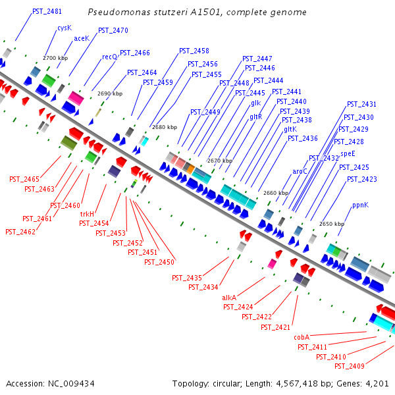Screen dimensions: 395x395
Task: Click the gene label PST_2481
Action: pyautogui.click(x=47, y=12)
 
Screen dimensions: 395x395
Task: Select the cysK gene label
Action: pyautogui.click(x=64, y=28)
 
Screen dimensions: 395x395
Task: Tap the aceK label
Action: pyautogui.click(x=81, y=38)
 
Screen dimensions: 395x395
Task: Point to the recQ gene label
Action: pyautogui.click(x=109, y=57)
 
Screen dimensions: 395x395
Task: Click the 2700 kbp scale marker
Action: pyautogui.click(x=55, y=58)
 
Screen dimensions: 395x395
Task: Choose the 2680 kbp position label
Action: pyautogui.click(x=164, y=127)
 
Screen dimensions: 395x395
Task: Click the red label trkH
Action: pyautogui.click(x=87, y=215)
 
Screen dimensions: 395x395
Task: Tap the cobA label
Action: pyautogui.click(x=302, y=337)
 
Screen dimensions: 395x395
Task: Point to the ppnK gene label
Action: pyautogui.click(x=360, y=205)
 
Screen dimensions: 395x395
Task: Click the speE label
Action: pyautogui.click(x=348, y=153)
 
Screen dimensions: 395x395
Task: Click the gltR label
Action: pyautogui.click(x=255, y=117)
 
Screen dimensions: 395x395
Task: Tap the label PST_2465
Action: pyautogui.click(x=24, y=179)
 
